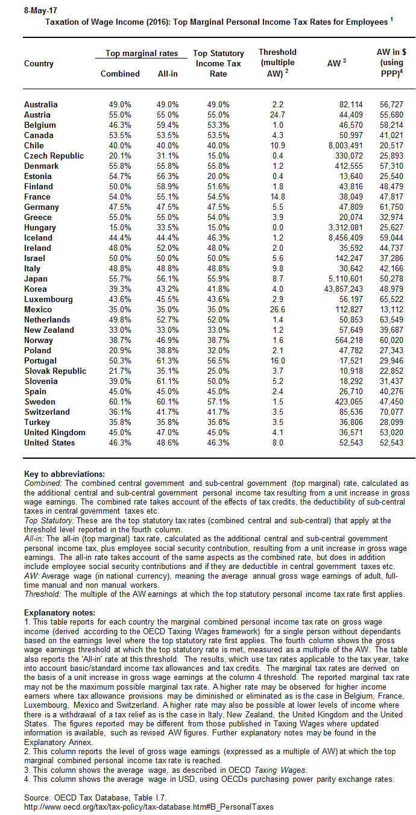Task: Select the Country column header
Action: coord(39,63)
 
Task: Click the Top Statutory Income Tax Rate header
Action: coord(218,63)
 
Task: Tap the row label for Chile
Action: coord(34,145)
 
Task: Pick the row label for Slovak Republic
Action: coord(55,371)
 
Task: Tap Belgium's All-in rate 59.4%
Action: coord(167,125)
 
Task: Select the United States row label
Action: coord(49,442)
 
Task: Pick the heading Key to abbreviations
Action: coord(65,474)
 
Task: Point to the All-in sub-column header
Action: coord(167,74)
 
